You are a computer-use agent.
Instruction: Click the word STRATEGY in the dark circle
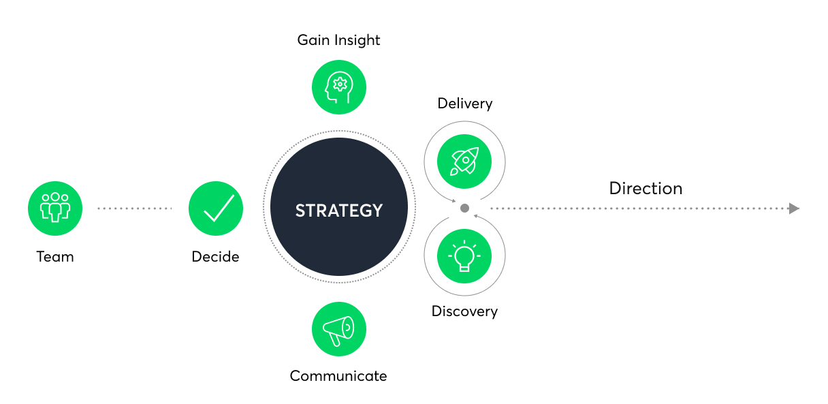click(x=338, y=211)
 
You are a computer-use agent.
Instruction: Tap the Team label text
click(x=55, y=257)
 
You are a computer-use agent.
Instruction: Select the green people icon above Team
click(x=55, y=208)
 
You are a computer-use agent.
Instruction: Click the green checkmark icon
click(x=216, y=208)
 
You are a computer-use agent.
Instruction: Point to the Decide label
click(x=215, y=257)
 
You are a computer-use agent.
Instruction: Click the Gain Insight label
click(x=338, y=40)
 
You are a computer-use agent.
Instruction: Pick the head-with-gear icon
click(x=338, y=87)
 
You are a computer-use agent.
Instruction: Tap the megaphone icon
click(x=338, y=329)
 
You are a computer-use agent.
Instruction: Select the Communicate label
click(x=338, y=376)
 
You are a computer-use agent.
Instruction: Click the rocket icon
click(x=464, y=161)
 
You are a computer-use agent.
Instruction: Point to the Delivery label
click(x=464, y=104)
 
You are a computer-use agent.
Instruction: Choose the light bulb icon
click(x=464, y=255)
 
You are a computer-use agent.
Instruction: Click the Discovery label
click(x=464, y=311)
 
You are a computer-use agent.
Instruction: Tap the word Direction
click(x=646, y=188)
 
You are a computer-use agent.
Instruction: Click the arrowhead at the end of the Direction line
click(x=794, y=208)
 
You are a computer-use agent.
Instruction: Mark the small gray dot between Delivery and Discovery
click(x=464, y=208)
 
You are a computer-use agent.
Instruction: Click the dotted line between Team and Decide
click(x=134, y=208)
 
